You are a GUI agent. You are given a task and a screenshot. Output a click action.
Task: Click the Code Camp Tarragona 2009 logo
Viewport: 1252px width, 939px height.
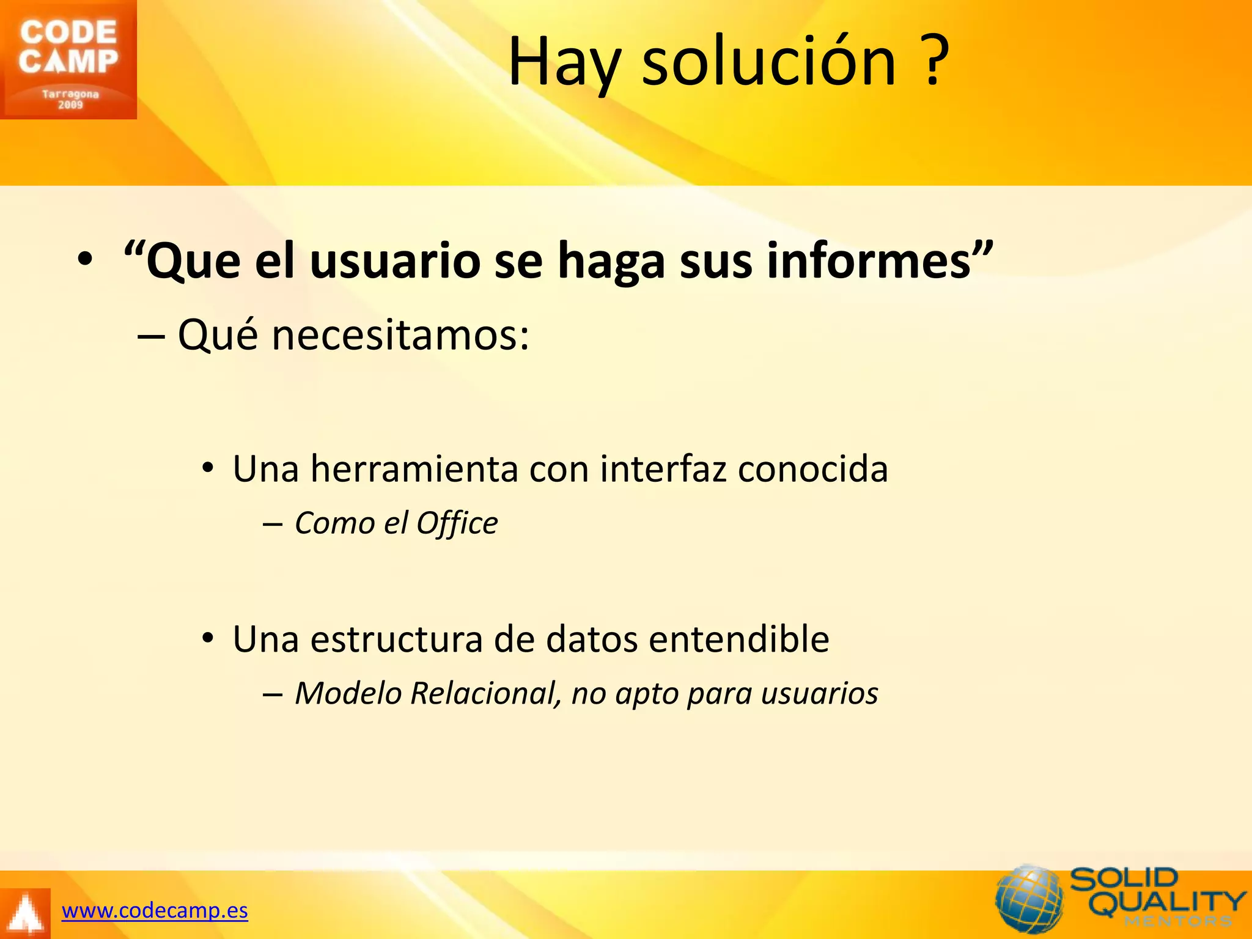click(68, 59)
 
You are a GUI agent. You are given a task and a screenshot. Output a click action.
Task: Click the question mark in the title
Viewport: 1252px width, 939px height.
click(933, 61)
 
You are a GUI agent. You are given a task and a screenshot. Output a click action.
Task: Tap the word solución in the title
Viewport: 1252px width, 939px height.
click(768, 62)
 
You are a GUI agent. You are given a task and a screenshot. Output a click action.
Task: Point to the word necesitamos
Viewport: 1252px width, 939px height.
click(400, 336)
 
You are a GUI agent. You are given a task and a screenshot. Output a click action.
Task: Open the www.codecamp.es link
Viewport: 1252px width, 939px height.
click(155, 911)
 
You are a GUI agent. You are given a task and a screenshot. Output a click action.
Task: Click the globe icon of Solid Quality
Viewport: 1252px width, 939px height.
click(1029, 899)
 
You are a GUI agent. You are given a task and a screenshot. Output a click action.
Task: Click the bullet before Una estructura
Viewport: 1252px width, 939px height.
click(208, 639)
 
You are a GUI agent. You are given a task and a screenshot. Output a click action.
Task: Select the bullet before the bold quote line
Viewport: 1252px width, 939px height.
click(85, 260)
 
